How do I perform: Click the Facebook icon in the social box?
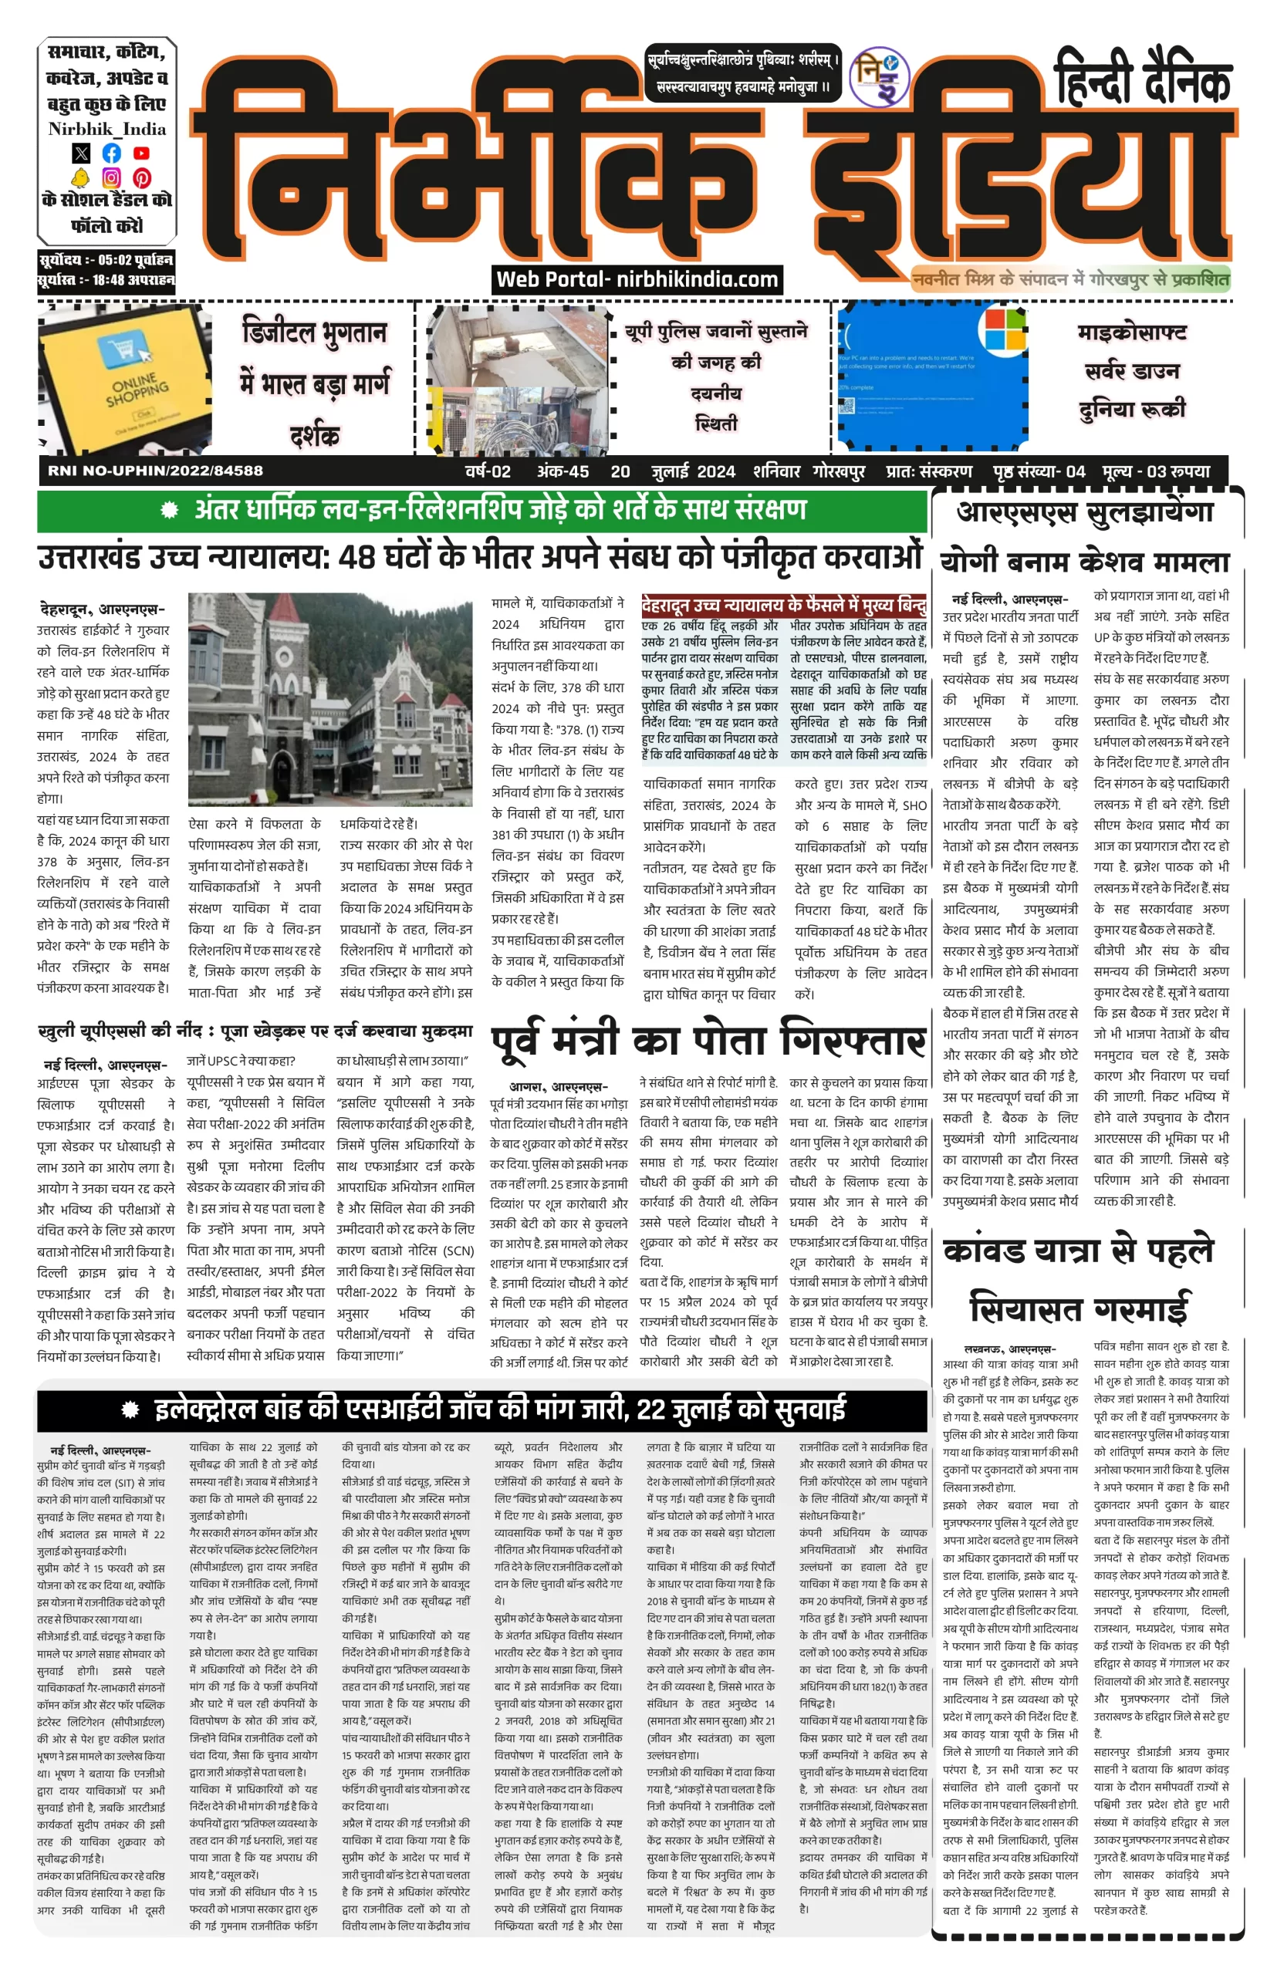coord(111,153)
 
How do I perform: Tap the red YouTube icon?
coord(141,153)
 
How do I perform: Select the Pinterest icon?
coord(141,177)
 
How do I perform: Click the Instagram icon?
coord(111,177)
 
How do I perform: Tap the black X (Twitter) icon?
coord(80,153)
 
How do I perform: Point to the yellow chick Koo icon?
coord(80,177)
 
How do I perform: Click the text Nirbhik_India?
coord(107,129)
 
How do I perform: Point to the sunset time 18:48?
coord(114,280)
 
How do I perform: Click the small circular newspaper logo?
coord(879,77)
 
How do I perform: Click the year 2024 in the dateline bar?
coord(715,472)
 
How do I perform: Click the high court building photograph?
coord(330,699)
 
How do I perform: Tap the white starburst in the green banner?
coord(170,510)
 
